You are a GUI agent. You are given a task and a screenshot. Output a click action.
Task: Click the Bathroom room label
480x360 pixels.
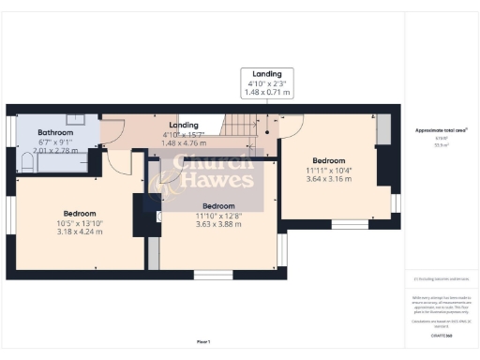pos(58,132)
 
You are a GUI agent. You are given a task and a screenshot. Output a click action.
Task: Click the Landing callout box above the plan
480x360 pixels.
pos(267,83)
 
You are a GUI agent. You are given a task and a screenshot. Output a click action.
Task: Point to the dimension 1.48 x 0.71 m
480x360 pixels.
pos(267,94)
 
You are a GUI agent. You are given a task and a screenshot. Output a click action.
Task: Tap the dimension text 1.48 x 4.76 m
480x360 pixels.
pos(184,143)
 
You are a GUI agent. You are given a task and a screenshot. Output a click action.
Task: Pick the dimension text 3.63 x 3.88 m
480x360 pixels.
pos(218,224)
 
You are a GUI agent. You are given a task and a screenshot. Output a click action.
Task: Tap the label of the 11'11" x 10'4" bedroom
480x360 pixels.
pos(329,160)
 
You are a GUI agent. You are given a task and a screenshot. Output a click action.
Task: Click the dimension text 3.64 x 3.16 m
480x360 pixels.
pos(329,179)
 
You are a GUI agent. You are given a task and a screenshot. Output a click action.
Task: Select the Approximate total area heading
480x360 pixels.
pos(440,131)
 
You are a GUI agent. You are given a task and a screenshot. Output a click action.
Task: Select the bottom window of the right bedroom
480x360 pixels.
pos(349,225)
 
